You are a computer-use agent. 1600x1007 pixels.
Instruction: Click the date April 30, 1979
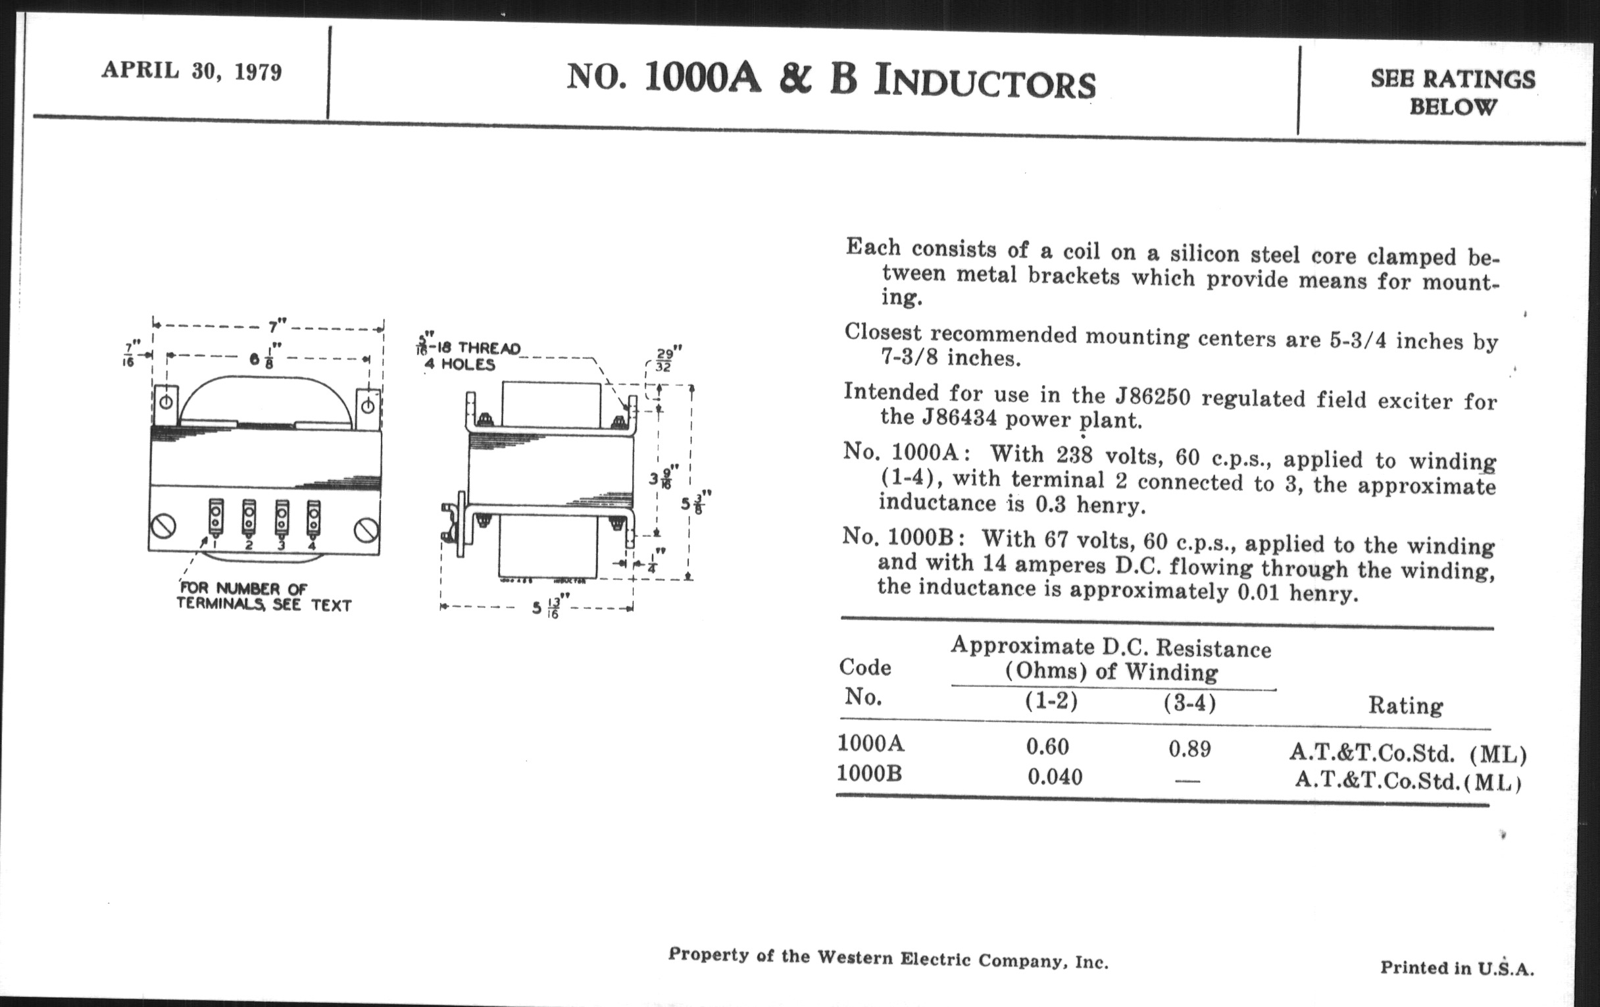[x=191, y=70]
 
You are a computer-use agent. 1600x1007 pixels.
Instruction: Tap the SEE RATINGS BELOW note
[x=1453, y=92]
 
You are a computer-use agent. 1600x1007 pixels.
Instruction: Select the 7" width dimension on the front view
[x=276, y=327]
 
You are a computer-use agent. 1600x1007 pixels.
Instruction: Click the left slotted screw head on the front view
[x=163, y=527]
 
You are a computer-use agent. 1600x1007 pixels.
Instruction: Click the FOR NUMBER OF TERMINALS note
[x=263, y=596]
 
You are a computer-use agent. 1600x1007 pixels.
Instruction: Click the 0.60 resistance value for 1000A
[x=1047, y=746]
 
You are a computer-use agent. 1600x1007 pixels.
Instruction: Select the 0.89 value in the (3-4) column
[x=1189, y=749]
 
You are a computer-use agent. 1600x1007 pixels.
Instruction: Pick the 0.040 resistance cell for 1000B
[x=1055, y=777]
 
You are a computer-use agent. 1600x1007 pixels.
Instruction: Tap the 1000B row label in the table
[x=869, y=773]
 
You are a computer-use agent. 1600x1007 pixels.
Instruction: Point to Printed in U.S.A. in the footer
[x=1457, y=967]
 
